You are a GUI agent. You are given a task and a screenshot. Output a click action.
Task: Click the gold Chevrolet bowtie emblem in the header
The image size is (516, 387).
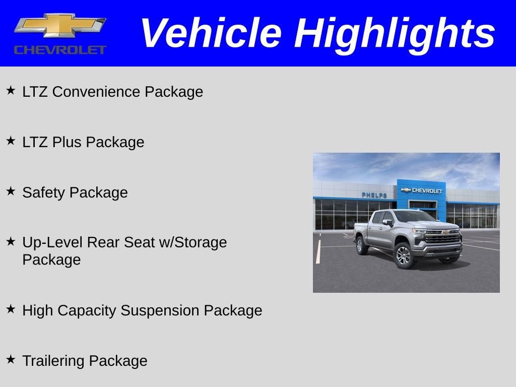coord(60,25)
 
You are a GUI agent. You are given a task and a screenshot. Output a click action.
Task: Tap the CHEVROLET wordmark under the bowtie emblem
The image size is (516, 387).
coord(60,49)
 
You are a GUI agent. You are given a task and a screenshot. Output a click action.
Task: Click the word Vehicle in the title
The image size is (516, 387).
coord(210,33)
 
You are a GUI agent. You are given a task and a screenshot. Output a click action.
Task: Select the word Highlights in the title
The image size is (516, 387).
coord(395,33)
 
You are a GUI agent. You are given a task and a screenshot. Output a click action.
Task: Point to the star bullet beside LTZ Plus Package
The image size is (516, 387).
coord(11,141)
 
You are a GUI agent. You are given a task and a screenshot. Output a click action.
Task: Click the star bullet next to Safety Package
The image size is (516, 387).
coord(11,191)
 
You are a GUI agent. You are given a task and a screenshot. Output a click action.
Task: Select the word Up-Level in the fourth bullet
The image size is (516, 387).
coord(52,242)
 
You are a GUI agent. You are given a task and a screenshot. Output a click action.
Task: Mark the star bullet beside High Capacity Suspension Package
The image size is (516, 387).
coord(11,309)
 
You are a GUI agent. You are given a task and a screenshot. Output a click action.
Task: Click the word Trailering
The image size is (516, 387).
coord(54,361)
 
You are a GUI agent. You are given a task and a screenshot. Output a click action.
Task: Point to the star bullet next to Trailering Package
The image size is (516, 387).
coord(11,360)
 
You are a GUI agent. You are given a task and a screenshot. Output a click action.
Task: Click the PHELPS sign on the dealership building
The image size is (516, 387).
coord(374,195)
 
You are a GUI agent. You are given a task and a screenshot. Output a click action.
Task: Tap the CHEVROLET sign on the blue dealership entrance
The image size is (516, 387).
coord(422,190)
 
